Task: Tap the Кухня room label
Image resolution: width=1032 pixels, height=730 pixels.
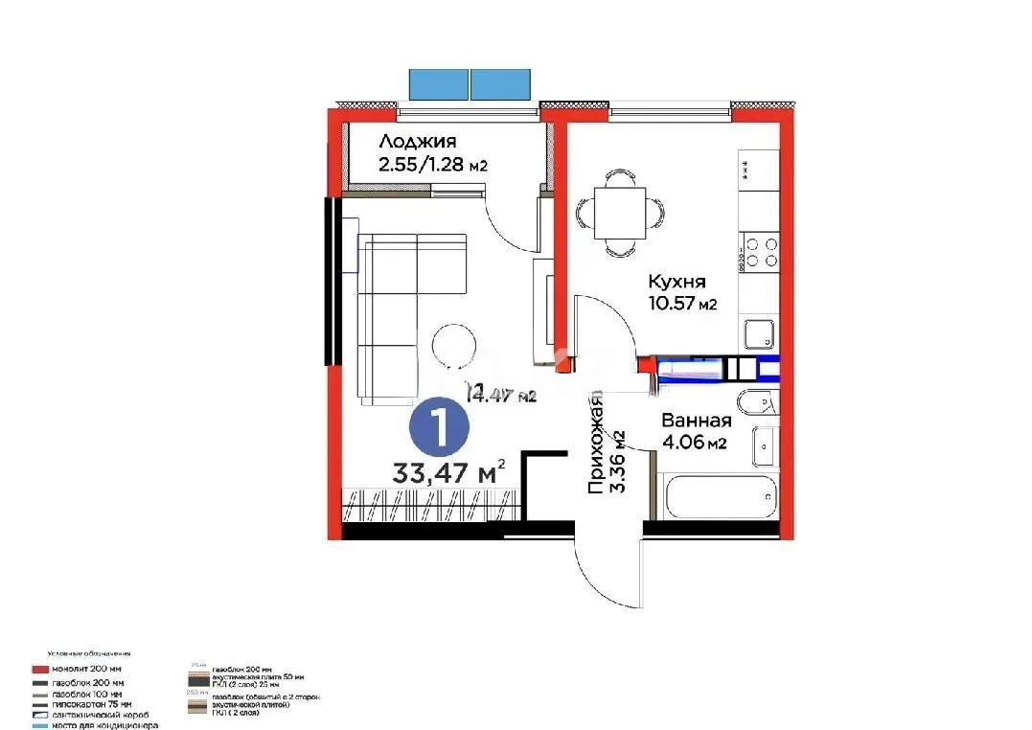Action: (677, 282)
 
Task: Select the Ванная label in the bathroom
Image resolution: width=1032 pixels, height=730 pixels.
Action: (697, 421)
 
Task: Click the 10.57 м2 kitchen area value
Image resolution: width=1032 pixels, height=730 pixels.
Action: (682, 304)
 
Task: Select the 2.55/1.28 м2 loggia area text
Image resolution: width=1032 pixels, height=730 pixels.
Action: (433, 164)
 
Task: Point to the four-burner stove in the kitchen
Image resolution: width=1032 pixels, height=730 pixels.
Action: (762, 252)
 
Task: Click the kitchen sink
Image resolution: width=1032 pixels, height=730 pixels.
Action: (761, 334)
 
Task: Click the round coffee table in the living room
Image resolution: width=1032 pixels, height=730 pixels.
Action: (454, 345)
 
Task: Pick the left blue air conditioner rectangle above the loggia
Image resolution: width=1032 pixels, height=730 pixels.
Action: (439, 84)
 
